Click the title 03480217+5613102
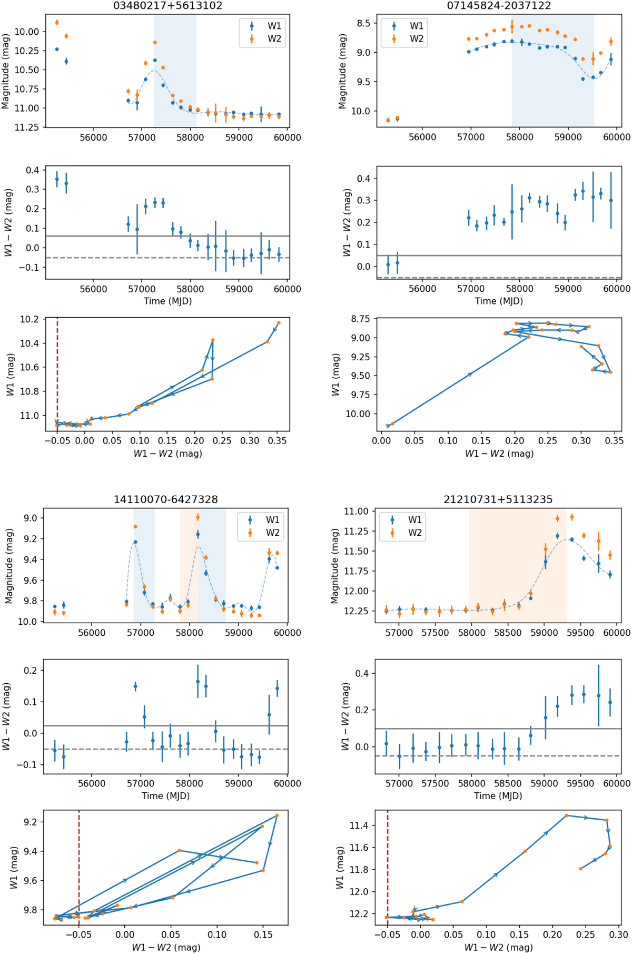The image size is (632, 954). click(167, 6)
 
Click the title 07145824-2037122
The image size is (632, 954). click(499, 6)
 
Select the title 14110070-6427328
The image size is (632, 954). click(165, 499)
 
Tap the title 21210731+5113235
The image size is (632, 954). click(498, 499)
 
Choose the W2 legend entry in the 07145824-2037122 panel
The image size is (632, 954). click(416, 38)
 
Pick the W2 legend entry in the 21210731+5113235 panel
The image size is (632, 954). click(414, 533)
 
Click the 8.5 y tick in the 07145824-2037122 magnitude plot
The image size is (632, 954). click(363, 24)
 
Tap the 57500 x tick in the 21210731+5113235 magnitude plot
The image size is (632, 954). click(435, 633)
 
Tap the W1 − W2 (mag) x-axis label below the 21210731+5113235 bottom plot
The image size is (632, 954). click(498, 947)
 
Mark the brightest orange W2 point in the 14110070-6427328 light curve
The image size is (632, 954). click(197, 517)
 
